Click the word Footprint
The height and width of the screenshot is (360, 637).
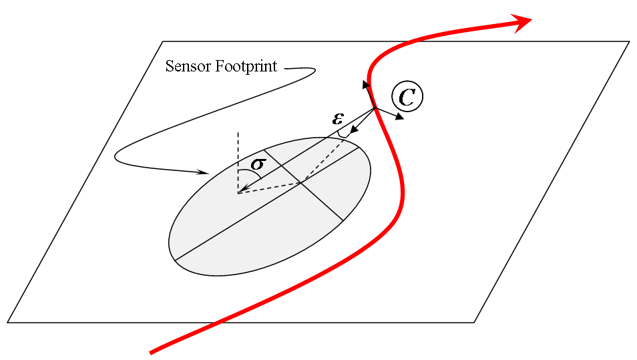coord(245,67)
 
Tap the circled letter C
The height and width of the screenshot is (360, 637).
coord(407,97)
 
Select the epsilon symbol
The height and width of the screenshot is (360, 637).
coord(338,119)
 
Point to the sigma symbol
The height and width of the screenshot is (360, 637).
coord(258,163)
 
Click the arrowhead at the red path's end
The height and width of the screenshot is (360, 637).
coord(524,21)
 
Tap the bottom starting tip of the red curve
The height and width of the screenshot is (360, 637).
coord(152,351)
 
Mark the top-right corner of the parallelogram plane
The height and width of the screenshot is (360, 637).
coord(629,41)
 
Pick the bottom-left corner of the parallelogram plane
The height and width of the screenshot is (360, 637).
coord(8,322)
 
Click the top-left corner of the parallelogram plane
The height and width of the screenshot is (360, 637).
coord(163,41)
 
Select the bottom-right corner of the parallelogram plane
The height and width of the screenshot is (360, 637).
coord(474,322)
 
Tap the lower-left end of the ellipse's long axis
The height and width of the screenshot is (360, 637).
coord(174,260)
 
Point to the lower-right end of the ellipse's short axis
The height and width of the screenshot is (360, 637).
coord(343,220)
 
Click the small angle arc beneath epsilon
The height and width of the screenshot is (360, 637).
coord(342,134)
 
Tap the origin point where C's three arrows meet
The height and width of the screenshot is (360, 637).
coord(375,109)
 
